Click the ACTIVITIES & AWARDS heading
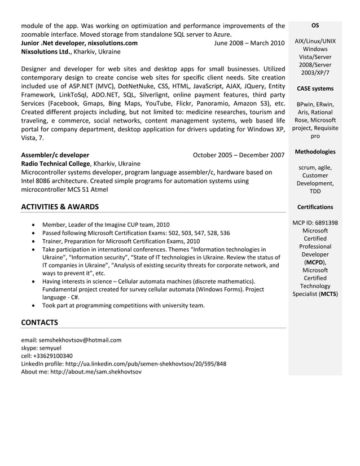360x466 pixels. (59, 206)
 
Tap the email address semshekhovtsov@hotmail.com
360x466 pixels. (80, 340)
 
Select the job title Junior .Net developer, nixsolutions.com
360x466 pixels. (79, 43)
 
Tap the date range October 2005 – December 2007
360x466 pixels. (238, 155)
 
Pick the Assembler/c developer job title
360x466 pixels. (55, 155)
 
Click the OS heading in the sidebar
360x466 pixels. (315, 25)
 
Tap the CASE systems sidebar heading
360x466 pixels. (315, 89)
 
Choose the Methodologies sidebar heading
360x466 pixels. (315, 152)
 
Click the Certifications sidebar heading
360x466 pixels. (315, 207)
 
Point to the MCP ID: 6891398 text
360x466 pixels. (315, 223)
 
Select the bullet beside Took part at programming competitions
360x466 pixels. (36, 306)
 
